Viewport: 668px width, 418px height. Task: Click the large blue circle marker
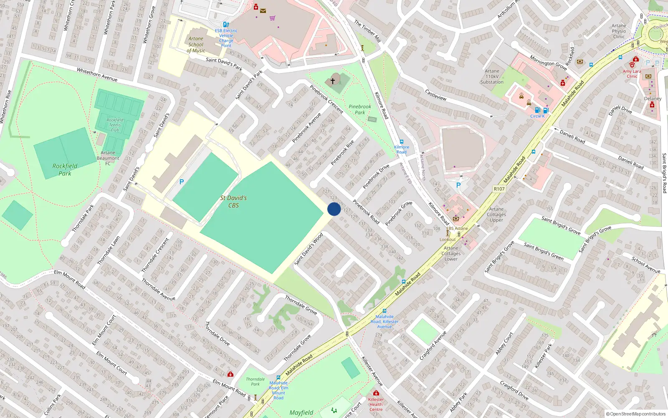point(334,209)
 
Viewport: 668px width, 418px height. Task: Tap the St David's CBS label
point(233,201)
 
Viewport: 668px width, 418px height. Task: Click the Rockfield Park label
point(65,169)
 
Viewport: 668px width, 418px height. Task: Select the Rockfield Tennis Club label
point(115,125)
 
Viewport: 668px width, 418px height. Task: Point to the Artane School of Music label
point(196,45)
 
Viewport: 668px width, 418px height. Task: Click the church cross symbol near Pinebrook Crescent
point(333,81)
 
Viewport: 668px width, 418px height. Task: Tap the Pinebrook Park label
point(359,110)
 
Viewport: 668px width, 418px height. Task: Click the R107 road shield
point(499,189)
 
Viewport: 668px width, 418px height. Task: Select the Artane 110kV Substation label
point(492,76)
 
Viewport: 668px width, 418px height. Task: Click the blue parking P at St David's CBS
point(181,182)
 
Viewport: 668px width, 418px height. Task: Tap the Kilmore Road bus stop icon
point(401,142)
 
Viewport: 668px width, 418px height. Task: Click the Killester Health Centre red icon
point(376,393)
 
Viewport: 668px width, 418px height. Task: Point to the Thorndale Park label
point(255,381)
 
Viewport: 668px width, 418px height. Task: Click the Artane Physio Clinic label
point(619,31)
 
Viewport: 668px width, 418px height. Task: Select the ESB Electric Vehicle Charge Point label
point(226,38)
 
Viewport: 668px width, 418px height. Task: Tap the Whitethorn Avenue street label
point(97,75)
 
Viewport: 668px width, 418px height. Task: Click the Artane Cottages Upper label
point(496,214)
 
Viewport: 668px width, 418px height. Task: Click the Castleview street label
point(435,95)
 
